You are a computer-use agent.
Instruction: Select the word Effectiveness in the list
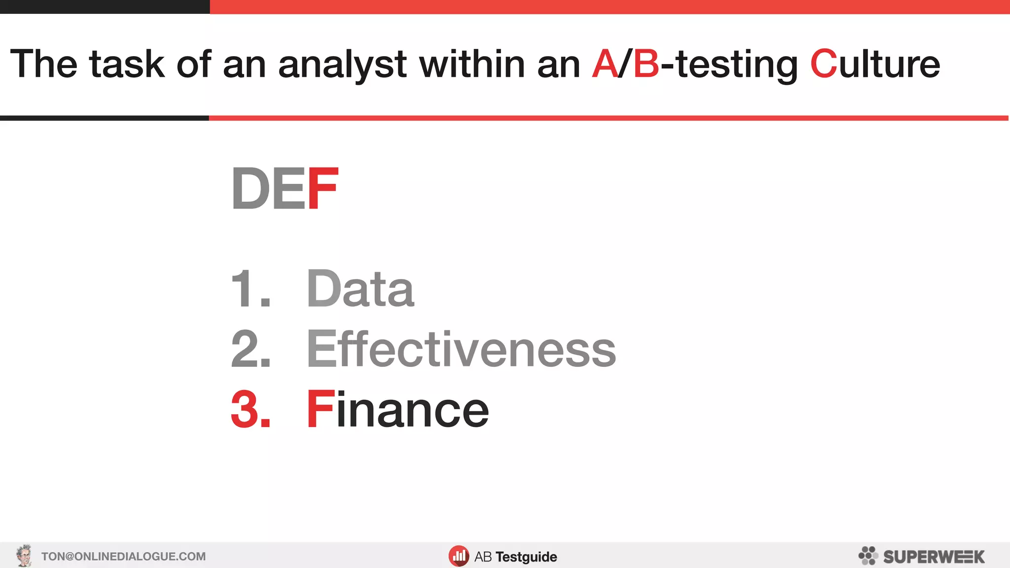(461, 349)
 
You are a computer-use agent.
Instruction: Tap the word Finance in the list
(397, 409)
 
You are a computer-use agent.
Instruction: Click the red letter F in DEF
(323, 188)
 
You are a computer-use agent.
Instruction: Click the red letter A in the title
(605, 64)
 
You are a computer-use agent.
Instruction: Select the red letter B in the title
(646, 64)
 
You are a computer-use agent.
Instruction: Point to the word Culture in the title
(875, 64)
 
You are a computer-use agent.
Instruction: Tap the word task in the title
(127, 64)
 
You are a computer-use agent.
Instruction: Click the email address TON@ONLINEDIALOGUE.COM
(123, 557)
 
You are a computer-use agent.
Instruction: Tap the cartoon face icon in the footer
(24, 556)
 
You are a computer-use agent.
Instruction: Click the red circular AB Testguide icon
(459, 556)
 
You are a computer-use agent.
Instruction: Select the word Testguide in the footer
(526, 557)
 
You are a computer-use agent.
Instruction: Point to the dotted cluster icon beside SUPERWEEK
(868, 556)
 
